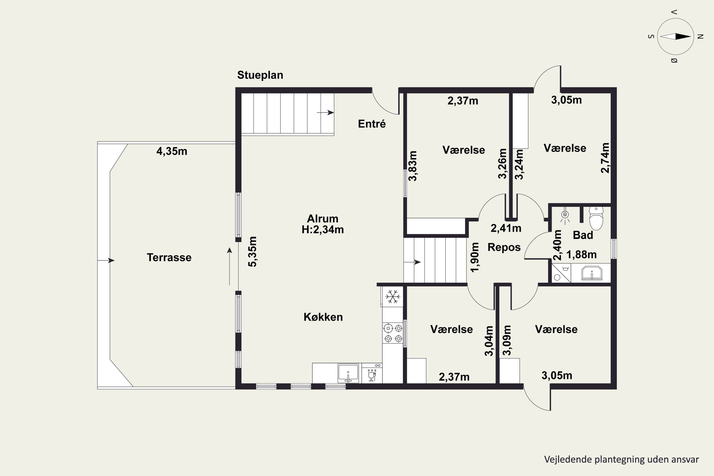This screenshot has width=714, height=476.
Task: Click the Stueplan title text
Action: [x=260, y=75]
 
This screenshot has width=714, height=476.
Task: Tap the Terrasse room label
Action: [x=169, y=258]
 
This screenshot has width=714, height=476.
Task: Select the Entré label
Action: [x=372, y=124]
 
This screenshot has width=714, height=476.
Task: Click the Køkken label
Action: [x=323, y=317]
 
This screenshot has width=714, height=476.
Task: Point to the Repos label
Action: [x=504, y=248]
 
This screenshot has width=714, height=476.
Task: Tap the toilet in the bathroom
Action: [x=596, y=218]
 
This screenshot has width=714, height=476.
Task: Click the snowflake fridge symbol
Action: [x=392, y=297]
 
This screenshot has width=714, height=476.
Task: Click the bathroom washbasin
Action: [x=592, y=273]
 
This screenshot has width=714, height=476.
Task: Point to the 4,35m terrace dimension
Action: [x=172, y=151]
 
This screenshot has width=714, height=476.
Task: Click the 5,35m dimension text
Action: [x=253, y=252]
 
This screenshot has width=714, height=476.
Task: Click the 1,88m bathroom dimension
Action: [x=581, y=254]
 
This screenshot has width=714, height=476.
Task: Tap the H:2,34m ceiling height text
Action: [x=323, y=229]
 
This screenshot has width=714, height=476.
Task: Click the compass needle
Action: [x=675, y=36]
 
